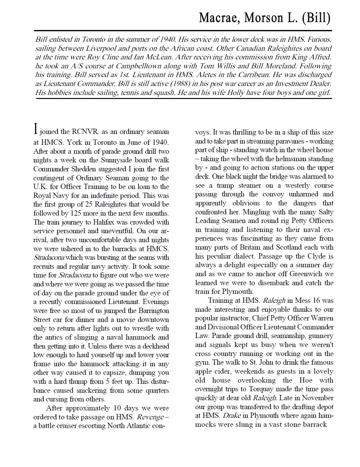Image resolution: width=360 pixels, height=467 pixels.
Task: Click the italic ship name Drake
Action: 231,415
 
